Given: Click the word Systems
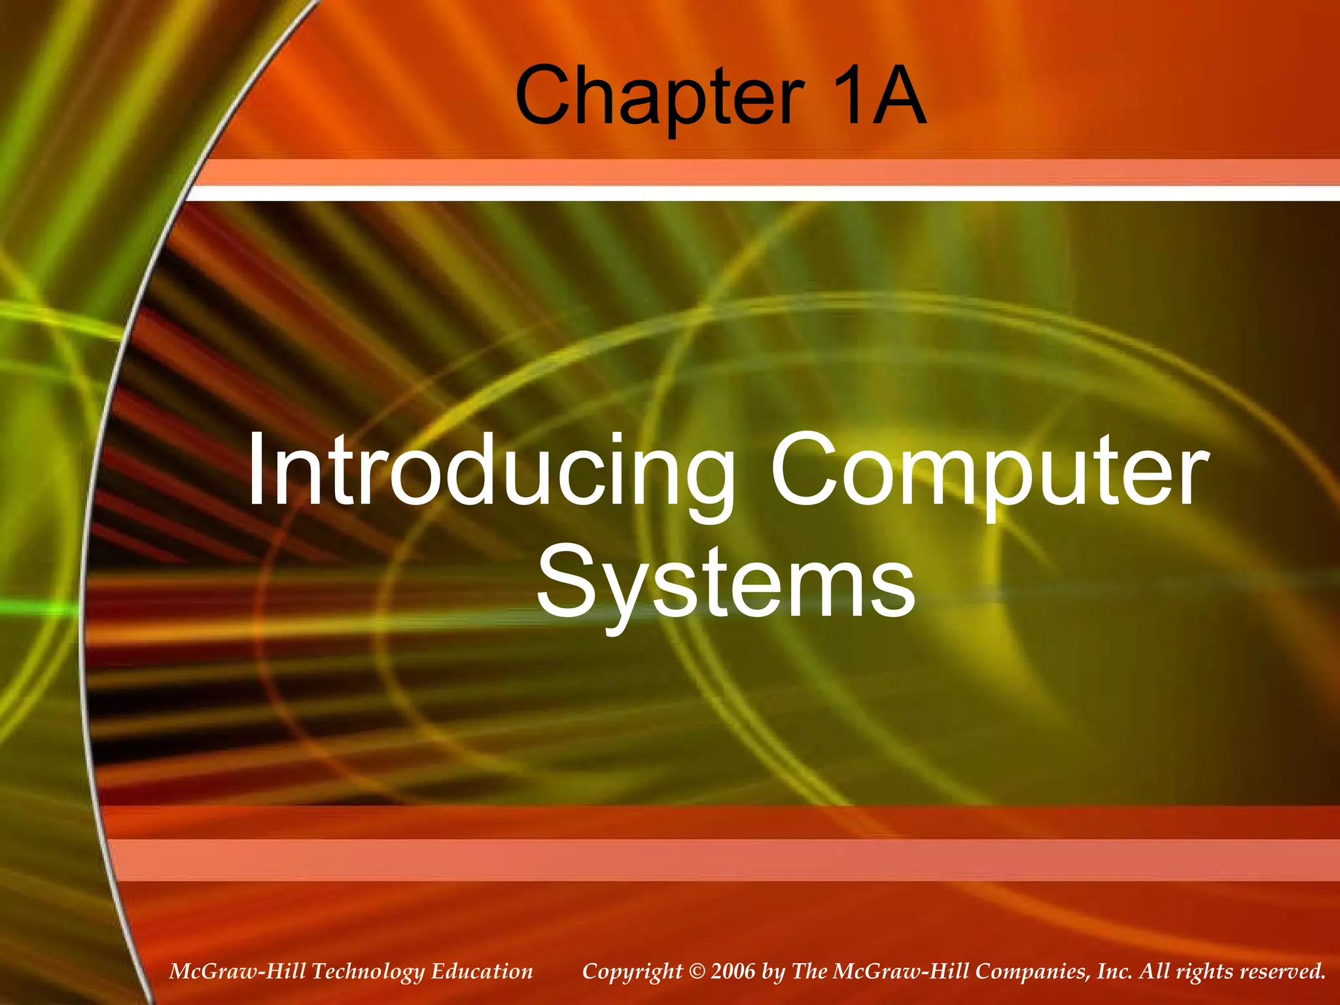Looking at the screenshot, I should pos(726,582).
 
